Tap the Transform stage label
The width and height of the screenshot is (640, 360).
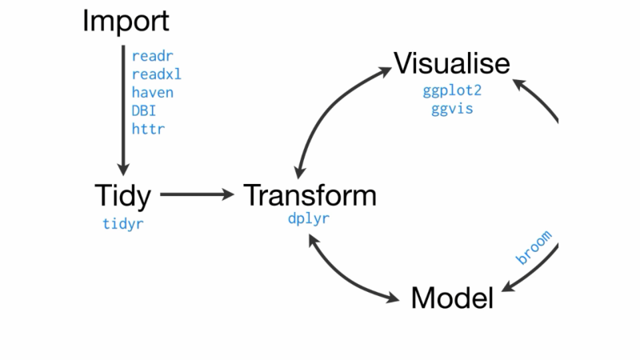click(309, 194)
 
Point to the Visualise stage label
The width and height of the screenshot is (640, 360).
click(451, 62)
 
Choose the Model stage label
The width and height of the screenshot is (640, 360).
click(451, 298)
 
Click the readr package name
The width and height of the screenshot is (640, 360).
click(152, 57)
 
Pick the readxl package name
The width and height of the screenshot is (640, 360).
click(155, 74)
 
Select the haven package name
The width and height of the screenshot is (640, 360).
click(152, 93)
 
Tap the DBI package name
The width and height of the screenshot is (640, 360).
click(144, 110)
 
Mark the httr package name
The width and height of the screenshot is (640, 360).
click(148, 128)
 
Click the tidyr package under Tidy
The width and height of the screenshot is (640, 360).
click(122, 224)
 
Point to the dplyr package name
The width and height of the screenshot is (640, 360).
click(309, 218)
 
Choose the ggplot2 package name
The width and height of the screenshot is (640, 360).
click(452, 90)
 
